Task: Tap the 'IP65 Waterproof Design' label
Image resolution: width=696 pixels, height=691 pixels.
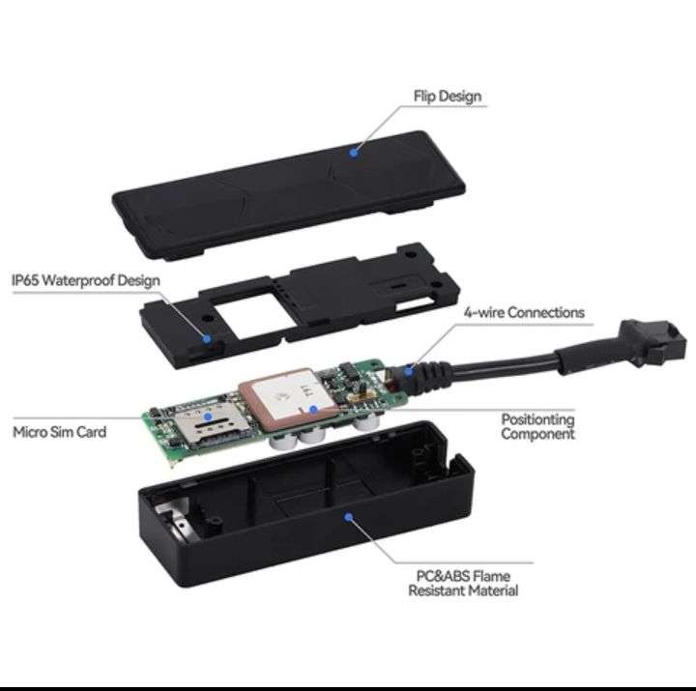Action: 85,280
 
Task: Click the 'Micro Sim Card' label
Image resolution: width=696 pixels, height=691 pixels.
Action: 59,431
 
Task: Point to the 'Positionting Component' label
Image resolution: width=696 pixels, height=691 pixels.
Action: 537,426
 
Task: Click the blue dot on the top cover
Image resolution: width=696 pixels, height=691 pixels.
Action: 355,152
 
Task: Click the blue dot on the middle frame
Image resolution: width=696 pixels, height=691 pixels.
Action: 207,337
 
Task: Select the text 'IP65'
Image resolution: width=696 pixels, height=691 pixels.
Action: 26,280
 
